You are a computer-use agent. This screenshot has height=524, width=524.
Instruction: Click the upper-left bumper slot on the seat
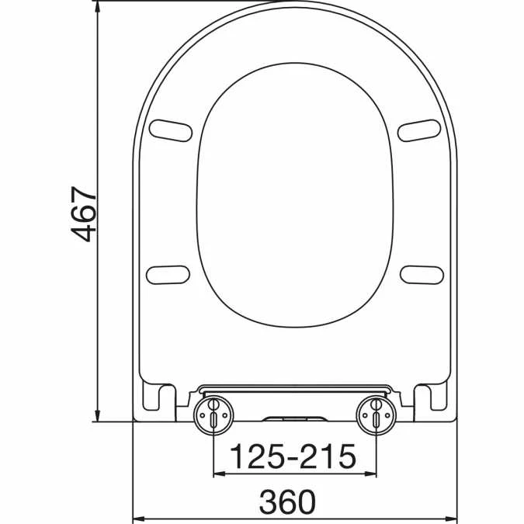tap(171, 129)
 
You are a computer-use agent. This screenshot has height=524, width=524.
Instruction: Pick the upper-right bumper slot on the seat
tap(419, 129)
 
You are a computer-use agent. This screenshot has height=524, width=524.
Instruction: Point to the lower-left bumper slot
tap(168, 273)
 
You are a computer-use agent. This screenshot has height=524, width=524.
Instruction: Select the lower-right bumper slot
tap(422, 273)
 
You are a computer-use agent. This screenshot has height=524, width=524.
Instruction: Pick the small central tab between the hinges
tap(294, 419)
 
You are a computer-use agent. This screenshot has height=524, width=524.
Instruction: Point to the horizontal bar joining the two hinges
tap(294, 387)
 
